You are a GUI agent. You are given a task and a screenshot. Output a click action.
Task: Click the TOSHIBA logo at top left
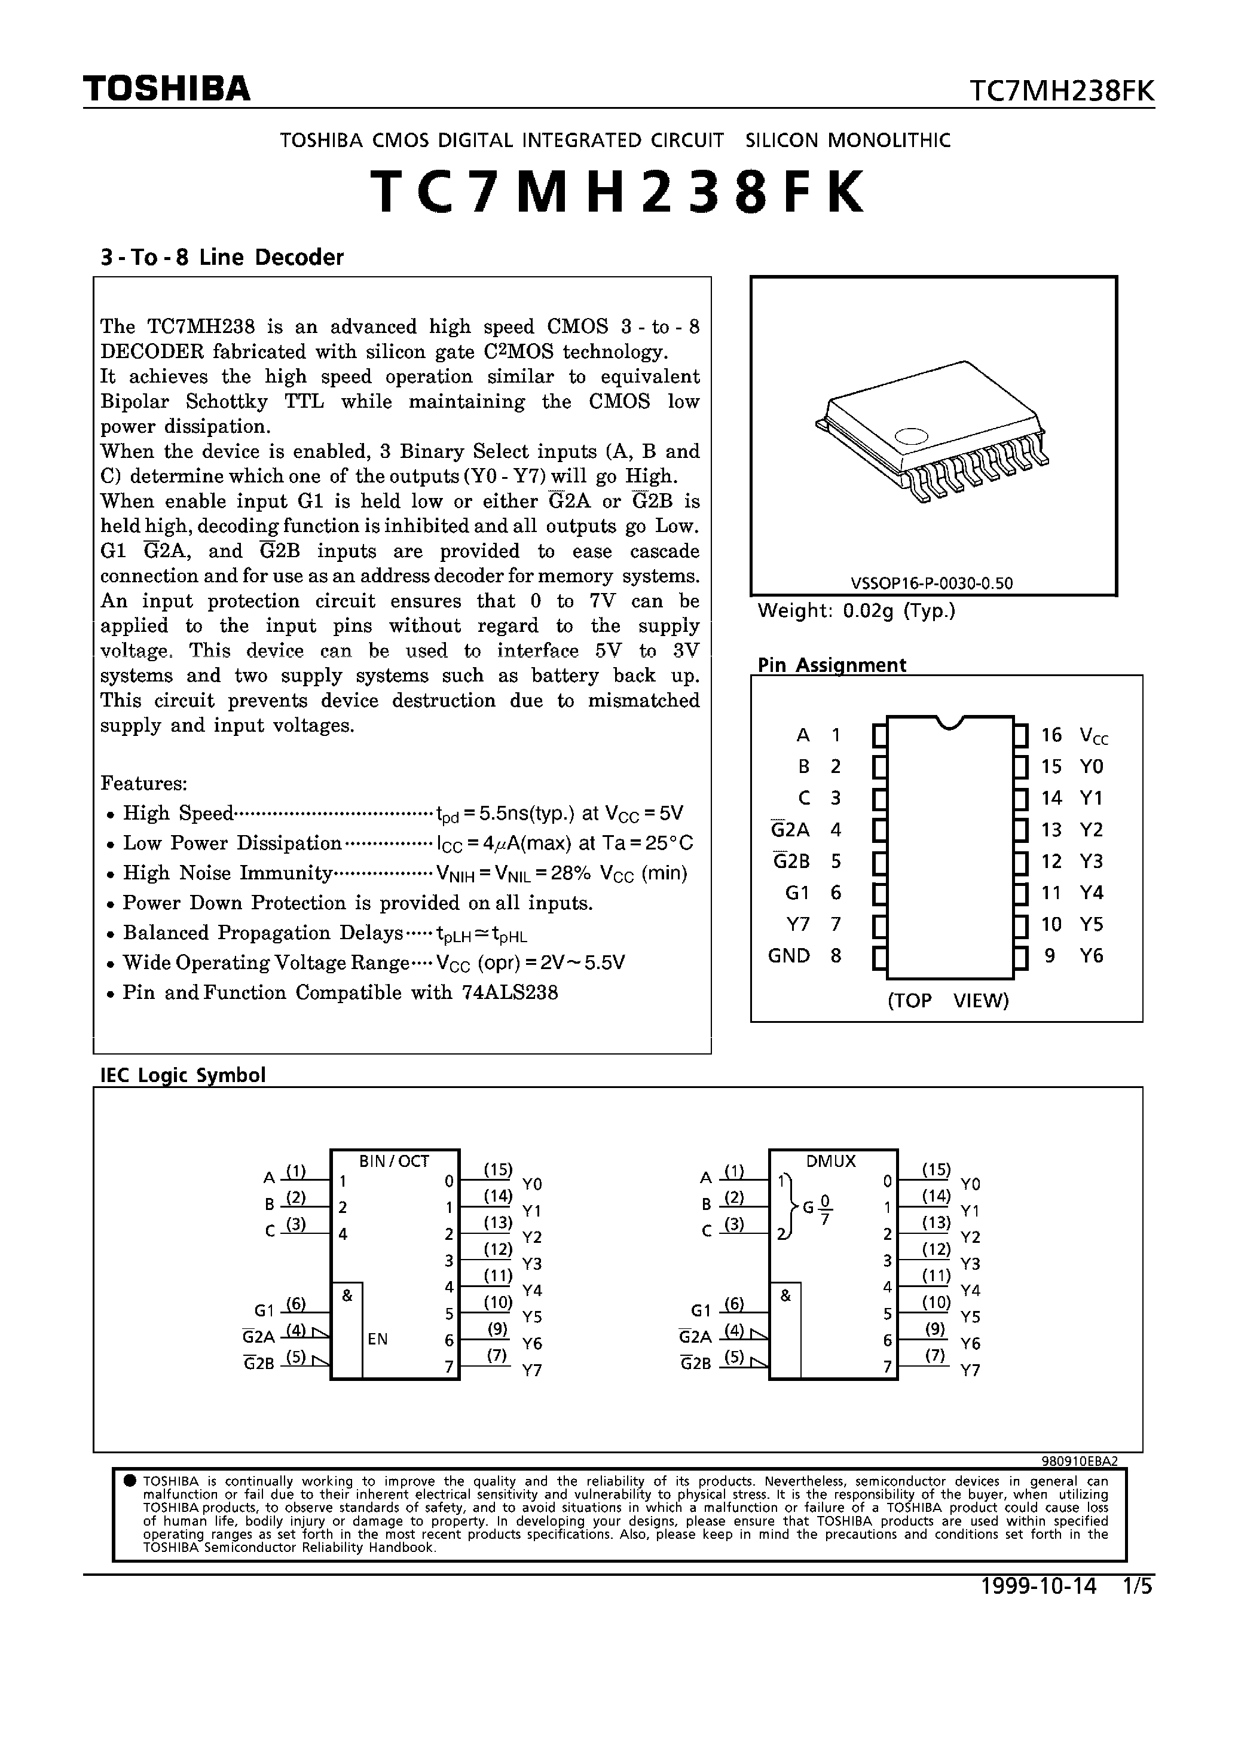(166, 89)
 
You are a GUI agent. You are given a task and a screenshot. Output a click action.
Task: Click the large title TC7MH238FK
(617, 192)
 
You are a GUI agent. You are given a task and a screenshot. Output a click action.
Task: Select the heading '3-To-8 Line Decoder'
(222, 257)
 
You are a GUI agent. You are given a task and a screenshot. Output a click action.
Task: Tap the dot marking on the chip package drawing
(912, 436)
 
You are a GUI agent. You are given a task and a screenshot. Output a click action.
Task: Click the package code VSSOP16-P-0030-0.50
(932, 584)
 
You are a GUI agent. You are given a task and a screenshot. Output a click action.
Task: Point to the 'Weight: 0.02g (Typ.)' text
(856, 610)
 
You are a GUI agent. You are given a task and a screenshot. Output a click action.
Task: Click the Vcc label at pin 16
(1093, 735)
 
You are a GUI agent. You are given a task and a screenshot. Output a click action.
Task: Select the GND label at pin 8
(789, 955)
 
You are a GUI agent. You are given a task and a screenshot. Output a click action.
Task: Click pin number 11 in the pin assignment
(1051, 893)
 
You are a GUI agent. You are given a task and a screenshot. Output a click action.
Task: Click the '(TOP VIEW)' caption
(948, 1000)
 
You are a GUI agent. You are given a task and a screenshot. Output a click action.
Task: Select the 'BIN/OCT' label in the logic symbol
(394, 1161)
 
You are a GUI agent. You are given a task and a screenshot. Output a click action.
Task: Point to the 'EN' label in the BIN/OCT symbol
(378, 1339)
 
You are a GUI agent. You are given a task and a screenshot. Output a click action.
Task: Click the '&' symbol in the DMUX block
(785, 1295)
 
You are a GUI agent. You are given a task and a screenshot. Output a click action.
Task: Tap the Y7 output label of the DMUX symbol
(970, 1370)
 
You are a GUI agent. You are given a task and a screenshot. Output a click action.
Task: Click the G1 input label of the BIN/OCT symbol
(264, 1310)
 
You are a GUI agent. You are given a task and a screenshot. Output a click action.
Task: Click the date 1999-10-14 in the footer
(1038, 1587)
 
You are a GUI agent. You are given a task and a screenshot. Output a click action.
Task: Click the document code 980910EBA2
(1079, 1461)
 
